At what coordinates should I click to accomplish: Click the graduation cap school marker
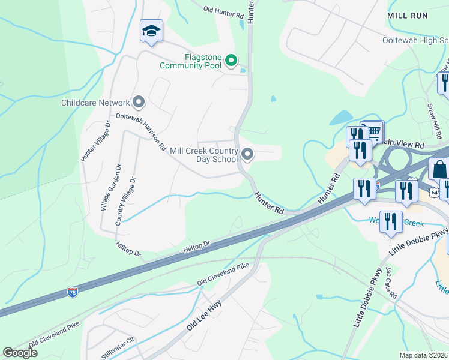click(151, 31)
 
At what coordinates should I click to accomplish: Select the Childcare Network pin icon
click(139, 103)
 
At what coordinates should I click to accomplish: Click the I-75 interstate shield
click(72, 292)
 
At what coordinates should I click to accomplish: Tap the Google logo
click(20, 353)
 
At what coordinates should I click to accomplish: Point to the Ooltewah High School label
click(415, 40)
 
